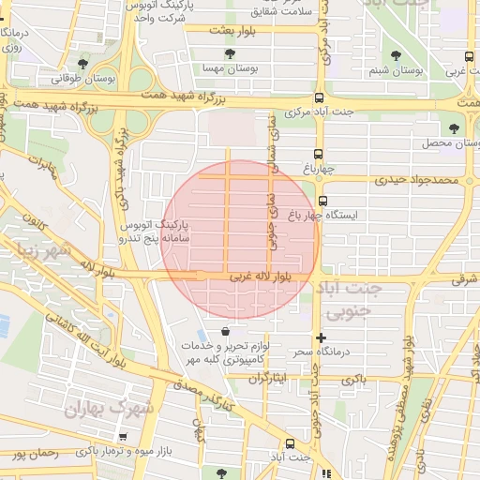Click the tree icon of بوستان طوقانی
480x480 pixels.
pos(83,65)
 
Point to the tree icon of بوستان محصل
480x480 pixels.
pos(455,127)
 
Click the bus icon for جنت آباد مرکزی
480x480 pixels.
pos(319,97)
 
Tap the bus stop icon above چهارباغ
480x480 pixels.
pos(319,153)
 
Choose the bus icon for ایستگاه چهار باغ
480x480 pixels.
pos(322,201)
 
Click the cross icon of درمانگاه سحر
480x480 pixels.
pos(322,337)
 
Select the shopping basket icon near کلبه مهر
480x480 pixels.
pos(226,332)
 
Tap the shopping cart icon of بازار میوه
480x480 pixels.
pos(123,438)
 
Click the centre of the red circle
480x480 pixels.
pos(241,238)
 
